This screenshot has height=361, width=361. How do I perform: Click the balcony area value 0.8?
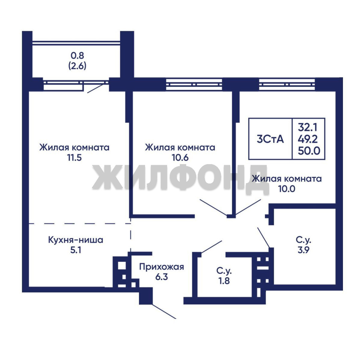[77, 55]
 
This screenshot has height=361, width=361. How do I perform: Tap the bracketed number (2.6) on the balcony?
[77, 66]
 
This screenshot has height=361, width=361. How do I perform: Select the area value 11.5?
[74, 158]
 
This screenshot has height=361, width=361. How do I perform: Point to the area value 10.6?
[180, 158]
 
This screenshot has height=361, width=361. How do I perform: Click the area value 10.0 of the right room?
[287, 189]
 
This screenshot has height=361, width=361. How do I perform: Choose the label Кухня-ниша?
[76, 240]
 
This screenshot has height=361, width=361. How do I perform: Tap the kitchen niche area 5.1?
[76, 250]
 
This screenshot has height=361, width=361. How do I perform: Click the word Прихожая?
[161, 267]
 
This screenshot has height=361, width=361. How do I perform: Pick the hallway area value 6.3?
[161, 277]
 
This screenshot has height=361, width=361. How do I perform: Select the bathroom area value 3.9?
[304, 250]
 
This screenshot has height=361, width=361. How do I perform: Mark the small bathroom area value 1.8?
[224, 281]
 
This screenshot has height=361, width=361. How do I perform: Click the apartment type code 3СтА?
[270, 139]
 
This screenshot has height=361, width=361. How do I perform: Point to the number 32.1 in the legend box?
[308, 127]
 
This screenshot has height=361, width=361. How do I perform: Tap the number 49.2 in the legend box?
[308, 139]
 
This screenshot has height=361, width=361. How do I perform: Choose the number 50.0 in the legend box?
[309, 151]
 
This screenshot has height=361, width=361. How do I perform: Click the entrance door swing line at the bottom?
[164, 312]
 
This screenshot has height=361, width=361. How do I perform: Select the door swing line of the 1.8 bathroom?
[212, 247]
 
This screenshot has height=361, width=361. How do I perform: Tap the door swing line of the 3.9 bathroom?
[263, 237]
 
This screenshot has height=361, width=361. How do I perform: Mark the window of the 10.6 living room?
[194, 85]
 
